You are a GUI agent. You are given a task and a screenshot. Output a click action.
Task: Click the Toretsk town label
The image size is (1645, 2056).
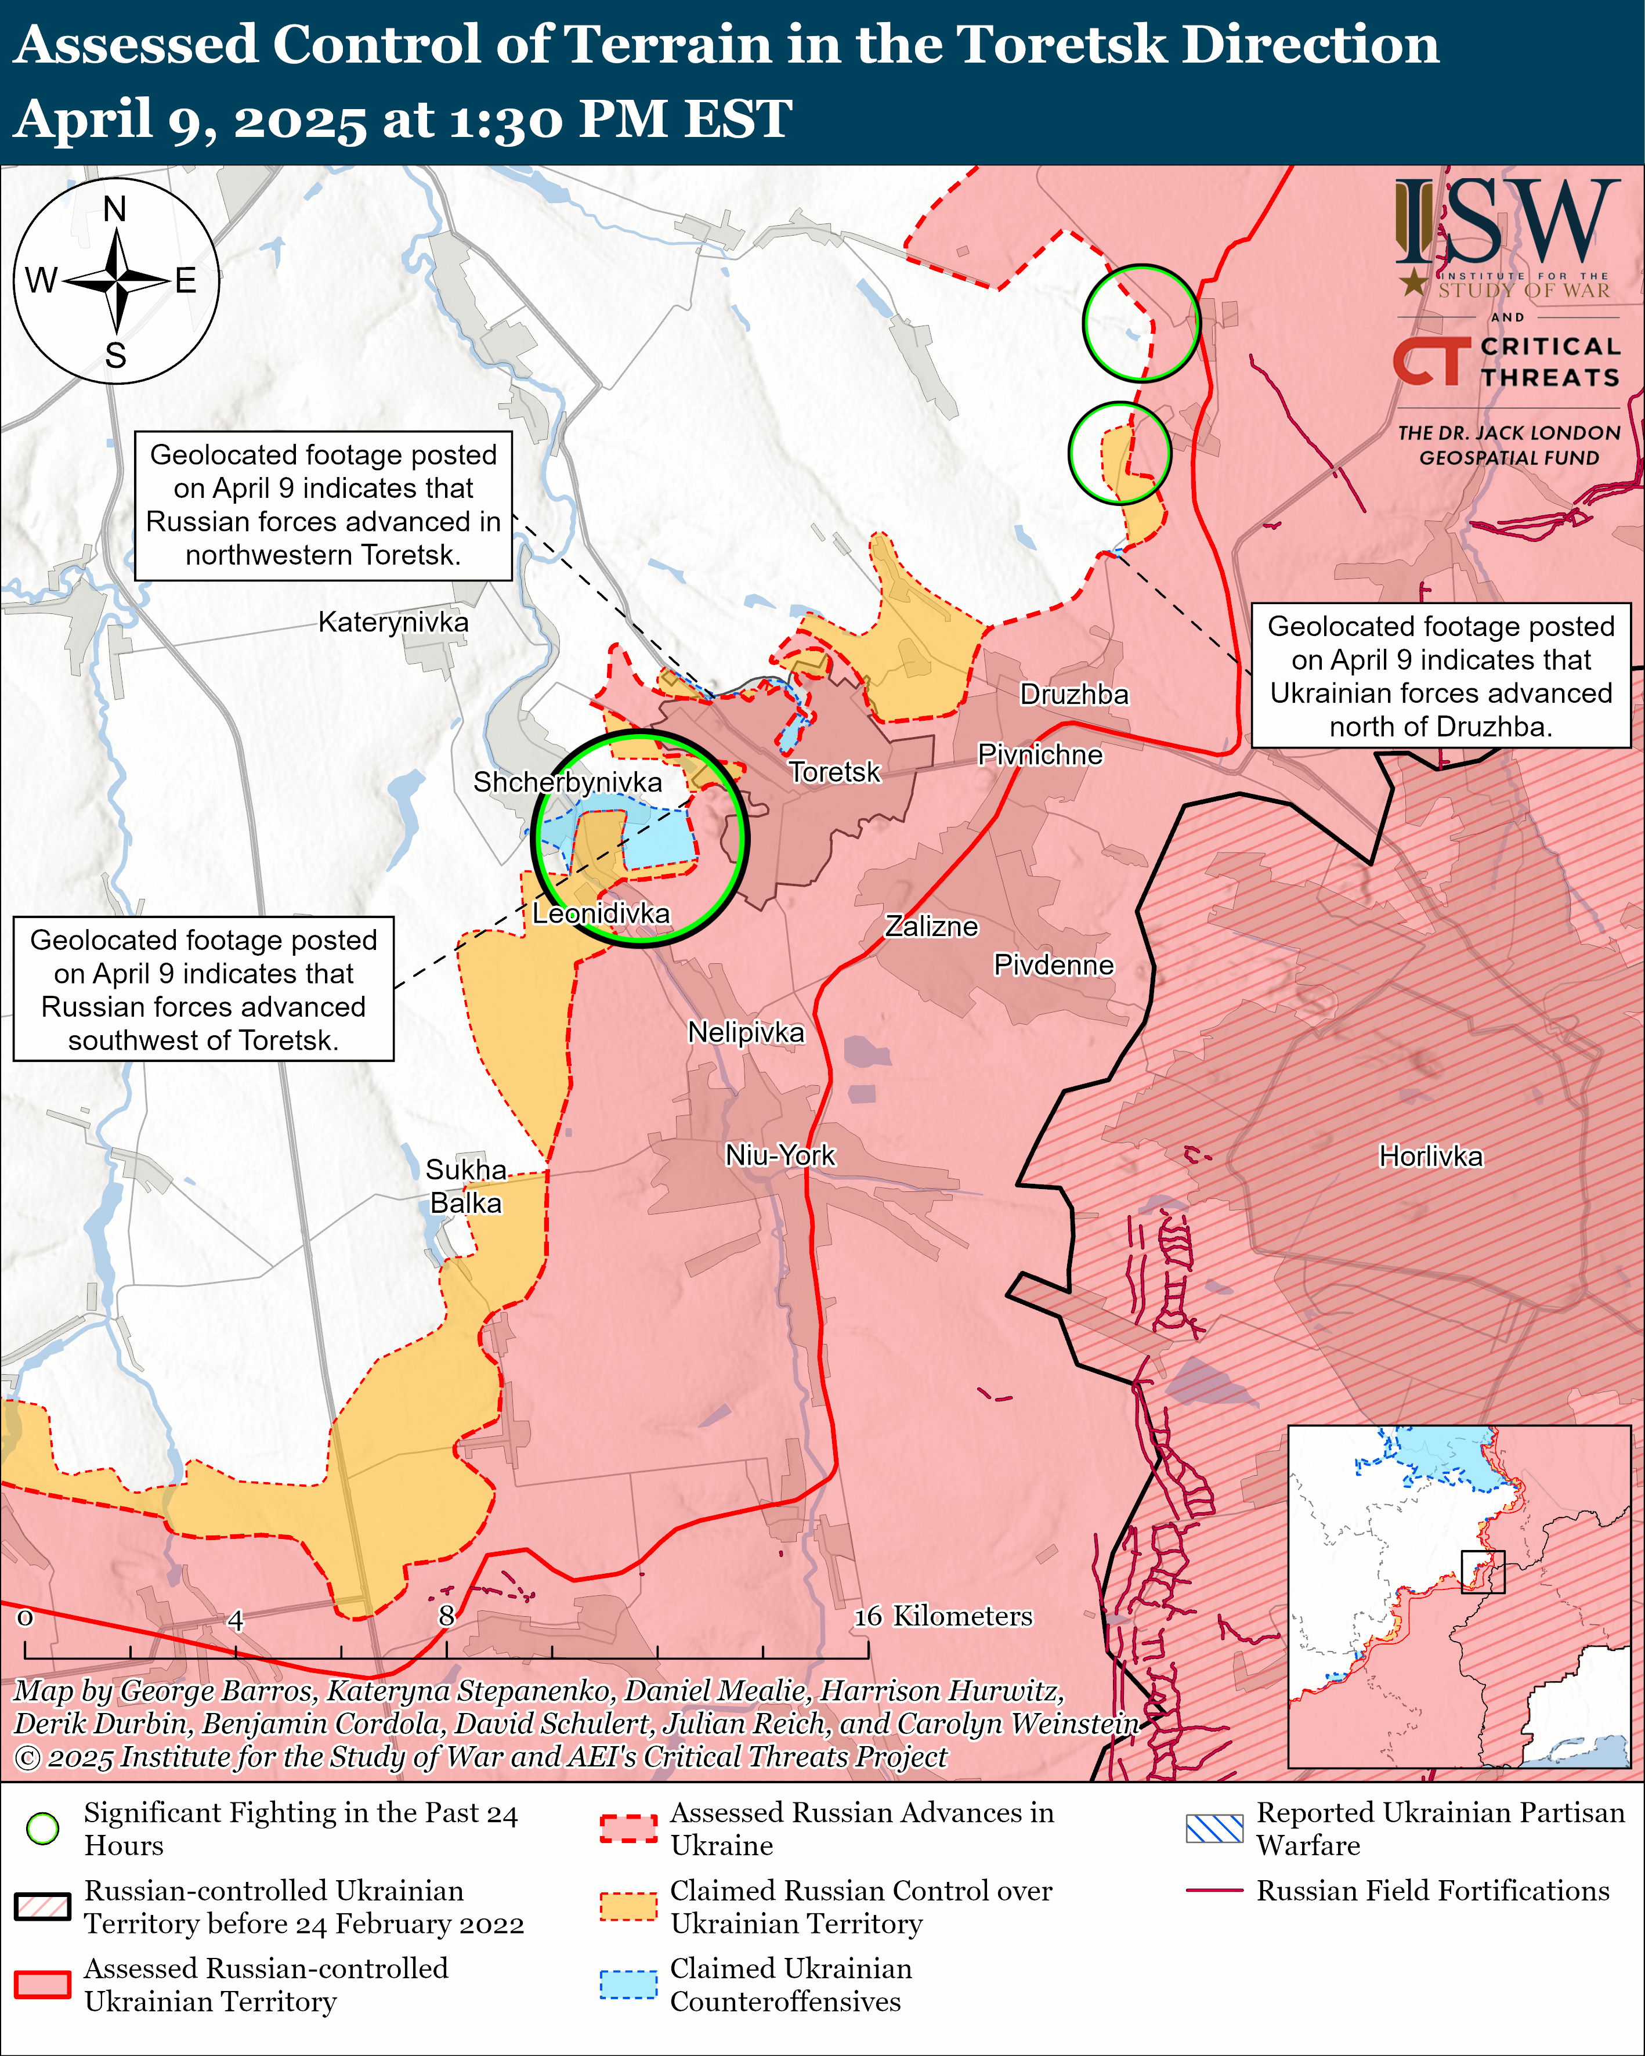834,771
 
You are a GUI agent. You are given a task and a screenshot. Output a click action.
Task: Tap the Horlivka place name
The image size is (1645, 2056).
1430,1157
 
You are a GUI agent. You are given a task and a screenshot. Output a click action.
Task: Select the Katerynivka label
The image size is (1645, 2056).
393,623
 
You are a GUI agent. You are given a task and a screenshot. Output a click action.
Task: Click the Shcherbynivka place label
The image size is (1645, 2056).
567,782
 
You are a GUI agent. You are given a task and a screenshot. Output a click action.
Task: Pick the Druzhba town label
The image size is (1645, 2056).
1074,694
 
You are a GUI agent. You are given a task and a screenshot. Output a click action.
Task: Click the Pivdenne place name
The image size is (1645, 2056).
1054,965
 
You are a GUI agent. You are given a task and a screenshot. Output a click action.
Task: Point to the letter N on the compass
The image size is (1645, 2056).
114,209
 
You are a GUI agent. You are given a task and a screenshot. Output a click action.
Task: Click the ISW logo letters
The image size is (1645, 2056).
1507,224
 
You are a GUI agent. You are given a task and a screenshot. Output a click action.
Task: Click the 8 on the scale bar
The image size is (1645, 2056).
446,1616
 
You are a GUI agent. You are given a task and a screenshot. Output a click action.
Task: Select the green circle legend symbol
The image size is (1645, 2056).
43,1828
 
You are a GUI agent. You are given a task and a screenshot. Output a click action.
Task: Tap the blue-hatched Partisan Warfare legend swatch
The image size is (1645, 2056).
1214,1828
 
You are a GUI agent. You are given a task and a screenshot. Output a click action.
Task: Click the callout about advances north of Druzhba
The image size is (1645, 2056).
1440,676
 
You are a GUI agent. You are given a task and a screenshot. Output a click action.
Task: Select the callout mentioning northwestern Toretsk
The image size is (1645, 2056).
323,505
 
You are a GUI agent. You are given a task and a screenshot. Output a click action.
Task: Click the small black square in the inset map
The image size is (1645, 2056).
1483,1571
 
